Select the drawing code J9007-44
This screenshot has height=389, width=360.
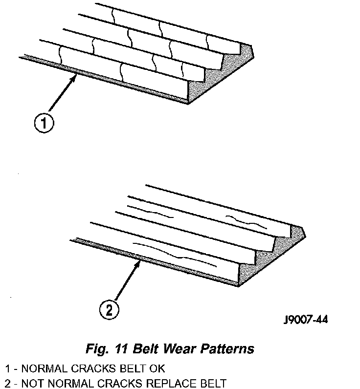[x=306, y=320]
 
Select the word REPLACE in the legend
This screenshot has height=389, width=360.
[x=169, y=383]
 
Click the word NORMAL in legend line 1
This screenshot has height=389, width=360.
[x=40, y=368]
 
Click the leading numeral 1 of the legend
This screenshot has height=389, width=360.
[x=7, y=368]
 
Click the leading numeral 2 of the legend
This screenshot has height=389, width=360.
[x=7, y=383]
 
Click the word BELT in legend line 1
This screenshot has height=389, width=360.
[x=133, y=368]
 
